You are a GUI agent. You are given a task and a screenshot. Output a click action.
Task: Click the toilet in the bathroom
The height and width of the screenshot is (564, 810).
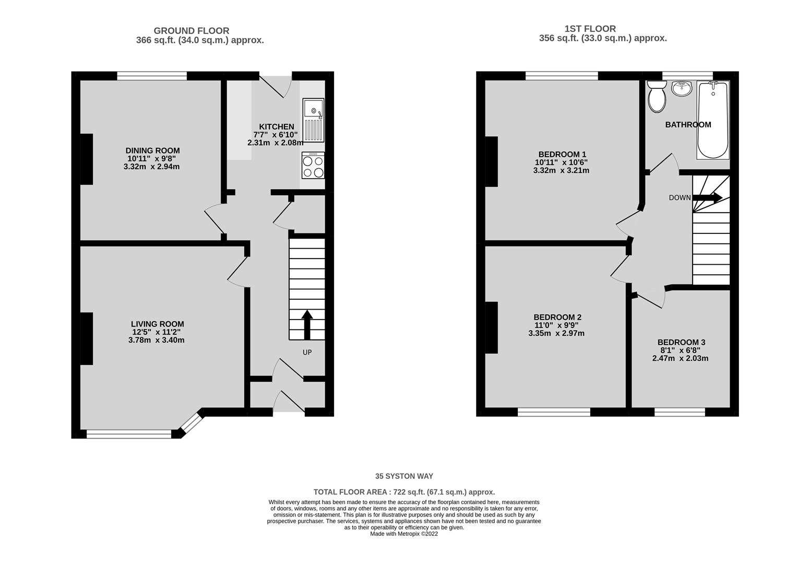pos(657,97)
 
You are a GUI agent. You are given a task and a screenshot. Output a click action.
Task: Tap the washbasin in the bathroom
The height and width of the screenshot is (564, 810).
pos(682,88)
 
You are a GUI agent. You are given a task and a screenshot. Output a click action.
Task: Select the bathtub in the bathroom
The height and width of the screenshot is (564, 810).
pos(713,120)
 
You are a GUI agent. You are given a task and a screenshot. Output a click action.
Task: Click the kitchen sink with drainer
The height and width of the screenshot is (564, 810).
pos(313,120)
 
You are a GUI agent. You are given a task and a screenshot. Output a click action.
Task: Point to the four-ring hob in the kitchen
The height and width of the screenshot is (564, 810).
pos(313,166)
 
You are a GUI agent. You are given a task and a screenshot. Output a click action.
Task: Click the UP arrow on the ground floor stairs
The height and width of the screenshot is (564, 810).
pos(307,324)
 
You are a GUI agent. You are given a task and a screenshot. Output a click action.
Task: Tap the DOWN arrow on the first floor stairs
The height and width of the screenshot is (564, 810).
pos(707,197)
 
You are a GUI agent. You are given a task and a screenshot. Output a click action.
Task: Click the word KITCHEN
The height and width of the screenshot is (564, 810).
pos(277,126)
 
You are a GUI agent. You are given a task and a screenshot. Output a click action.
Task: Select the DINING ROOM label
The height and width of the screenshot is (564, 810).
pos(152,150)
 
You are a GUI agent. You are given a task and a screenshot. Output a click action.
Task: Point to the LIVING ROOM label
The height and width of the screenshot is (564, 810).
pos(157,324)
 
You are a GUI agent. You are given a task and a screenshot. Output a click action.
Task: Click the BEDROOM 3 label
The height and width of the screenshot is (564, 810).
pos(681,342)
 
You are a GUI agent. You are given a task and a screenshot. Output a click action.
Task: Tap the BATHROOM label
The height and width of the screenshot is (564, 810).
pos(688,125)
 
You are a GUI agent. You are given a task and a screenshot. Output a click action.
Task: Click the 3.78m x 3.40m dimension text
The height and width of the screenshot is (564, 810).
pos(157,340)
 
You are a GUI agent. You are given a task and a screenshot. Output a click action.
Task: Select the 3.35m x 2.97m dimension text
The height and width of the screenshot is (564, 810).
pos(556,333)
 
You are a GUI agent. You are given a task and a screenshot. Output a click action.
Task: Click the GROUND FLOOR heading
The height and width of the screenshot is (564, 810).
pos(192,31)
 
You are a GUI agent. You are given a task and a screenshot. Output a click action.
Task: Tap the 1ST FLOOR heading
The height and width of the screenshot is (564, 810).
pos(590,29)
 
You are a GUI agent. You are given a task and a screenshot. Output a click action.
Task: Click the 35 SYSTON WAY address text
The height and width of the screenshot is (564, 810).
pos(404,476)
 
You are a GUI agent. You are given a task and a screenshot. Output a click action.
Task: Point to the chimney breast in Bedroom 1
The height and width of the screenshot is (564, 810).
pos(492,162)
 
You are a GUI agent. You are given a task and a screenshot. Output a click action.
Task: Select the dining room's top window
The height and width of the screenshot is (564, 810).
pos(152,76)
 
